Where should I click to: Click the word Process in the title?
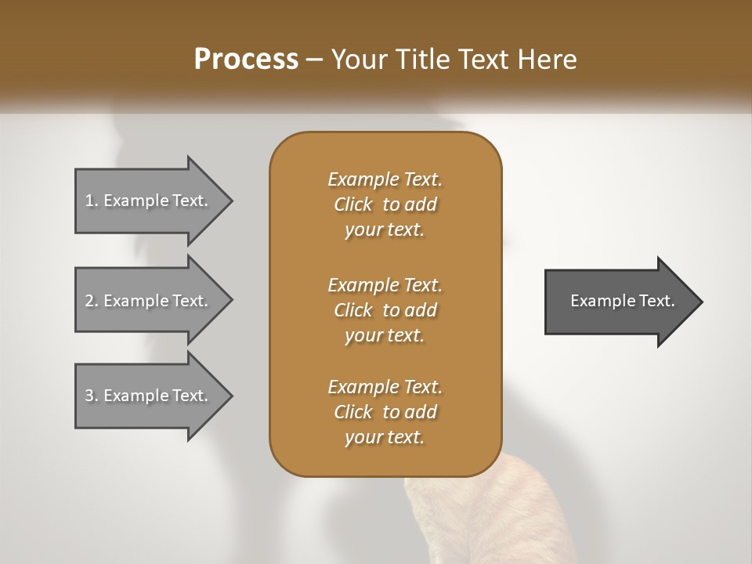[246, 59]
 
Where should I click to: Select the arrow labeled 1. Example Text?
[149, 201]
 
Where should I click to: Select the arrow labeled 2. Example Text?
[149, 300]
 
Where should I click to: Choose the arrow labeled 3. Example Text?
[149, 396]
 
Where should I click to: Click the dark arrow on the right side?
[619, 301]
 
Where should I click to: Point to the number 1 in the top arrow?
[89, 201]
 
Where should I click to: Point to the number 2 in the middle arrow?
[90, 300]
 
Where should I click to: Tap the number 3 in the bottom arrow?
[90, 396]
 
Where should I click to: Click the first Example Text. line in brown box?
[385, 179]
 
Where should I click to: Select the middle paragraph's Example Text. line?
[385, 284]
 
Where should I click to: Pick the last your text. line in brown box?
[385, 438]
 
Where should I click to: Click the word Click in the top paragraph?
[352, 204]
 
